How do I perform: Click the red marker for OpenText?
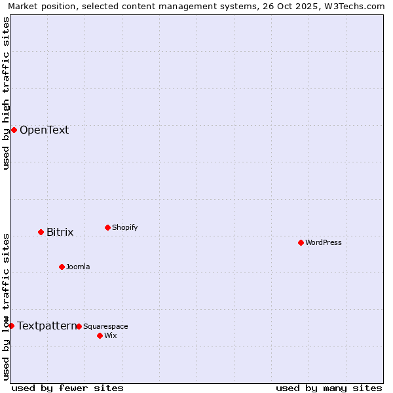[x=14, y=130]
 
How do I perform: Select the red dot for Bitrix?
[x=41, y=232]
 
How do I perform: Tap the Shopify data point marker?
[x=107, y=227]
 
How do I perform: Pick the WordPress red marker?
[x=301, y=242]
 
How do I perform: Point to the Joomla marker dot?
[x=62, y=267]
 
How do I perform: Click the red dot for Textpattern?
[x=11, y=326]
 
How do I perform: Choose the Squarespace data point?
[x=79, y=326]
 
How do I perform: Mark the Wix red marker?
[x=100, y=335]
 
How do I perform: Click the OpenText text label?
[x=44, y=130]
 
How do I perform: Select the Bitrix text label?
[x=60, y=233]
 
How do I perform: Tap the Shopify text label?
[x=124, y=228]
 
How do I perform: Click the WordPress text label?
[x=323, y=243]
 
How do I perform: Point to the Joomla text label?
[x=78, y=267]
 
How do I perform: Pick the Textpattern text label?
[x=47, y=326]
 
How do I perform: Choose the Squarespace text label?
[x=105, y=327]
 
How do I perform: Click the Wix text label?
[x=110, y=336]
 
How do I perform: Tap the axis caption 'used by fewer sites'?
[x=67, y=388]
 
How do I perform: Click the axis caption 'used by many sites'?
[x=329, y=388]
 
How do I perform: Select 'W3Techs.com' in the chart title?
[x=356, y=7]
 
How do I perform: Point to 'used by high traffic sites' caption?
[x=6, y=94]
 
